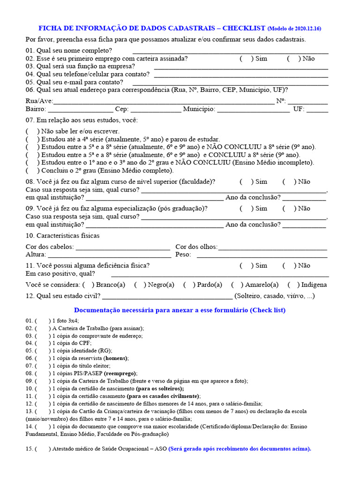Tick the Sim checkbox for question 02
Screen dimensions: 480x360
click(246, 59)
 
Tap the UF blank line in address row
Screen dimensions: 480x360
click(317, 111)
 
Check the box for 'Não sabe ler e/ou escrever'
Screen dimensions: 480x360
click(32, 132)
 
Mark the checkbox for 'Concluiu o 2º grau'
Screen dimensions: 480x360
click(32, 171)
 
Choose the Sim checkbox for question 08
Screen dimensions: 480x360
click(246, 182)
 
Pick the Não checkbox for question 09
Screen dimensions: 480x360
click(289, 209)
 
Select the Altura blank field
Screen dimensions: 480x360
click(109, 256)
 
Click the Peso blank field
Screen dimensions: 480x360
click(262, 256)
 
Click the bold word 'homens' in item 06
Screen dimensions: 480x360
click(116, 358)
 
